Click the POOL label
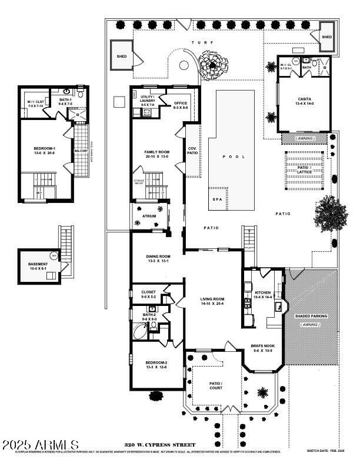click(235, 157)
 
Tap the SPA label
click(217, 199)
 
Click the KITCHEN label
click(262, 292)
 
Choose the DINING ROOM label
click(157, 257)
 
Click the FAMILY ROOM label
click(156, 152)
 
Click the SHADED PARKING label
click(311, 316)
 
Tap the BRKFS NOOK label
click(262, 347)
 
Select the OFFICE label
click(181, 103)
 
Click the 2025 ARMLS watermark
click(40, 444)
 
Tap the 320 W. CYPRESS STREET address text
click(159, 445)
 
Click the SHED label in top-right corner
click(326, 36)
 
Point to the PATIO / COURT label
click(215, 386)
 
